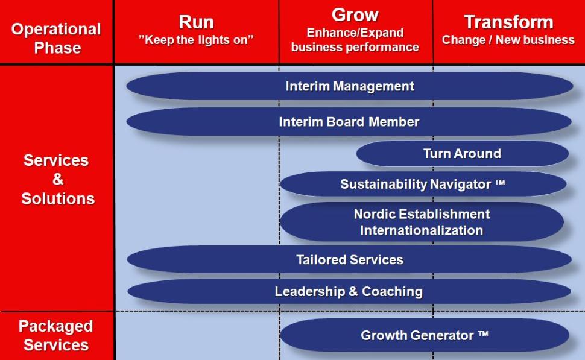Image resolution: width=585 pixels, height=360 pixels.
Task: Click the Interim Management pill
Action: [x=350, y=86]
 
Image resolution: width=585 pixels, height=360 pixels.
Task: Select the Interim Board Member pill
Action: [x=349, y=122]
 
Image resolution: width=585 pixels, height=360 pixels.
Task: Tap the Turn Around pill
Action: [x=462, y=153]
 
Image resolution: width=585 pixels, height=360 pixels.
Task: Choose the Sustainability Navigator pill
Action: [x=423, y=184]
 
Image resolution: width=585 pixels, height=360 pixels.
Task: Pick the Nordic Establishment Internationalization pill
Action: [x=422, y=222]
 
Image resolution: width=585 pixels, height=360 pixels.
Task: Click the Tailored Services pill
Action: [x=349, y=259]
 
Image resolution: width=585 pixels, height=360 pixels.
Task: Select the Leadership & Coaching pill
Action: [x=349, y=291]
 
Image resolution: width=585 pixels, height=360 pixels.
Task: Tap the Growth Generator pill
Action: [x=425, y=335]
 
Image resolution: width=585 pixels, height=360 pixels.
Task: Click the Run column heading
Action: [x=196, y=22]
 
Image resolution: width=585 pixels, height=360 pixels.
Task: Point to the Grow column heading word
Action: [x=355, y=15]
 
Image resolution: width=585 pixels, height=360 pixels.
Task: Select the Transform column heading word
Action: [x=508, y=22]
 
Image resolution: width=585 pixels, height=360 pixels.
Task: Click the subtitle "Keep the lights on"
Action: [x=196, y=40]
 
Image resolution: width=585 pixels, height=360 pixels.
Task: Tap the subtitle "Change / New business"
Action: [x=508, y=40]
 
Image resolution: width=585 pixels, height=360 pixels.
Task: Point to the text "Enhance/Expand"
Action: [x=355, y=33]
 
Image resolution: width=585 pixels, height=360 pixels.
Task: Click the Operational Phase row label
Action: [x=56, y=39]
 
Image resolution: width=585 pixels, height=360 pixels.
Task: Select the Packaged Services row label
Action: [x=56, y=335]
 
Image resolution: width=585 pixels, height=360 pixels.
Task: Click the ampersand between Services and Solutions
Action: [x=57, y=179]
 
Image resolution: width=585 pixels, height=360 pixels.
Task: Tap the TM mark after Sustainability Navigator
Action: [x=500, y=183]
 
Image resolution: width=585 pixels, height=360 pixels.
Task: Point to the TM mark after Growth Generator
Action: [x=483, y=333]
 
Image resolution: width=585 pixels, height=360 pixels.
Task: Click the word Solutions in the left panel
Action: [x=58, y=198]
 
